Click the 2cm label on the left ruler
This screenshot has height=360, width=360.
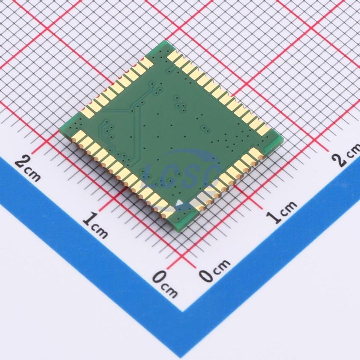pyautogui.click(x=28, y=168)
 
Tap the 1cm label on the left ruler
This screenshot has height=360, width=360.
pyautogui.click(x=95, y=225)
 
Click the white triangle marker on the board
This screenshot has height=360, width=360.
pyautogui.click(x=180, y=202)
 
